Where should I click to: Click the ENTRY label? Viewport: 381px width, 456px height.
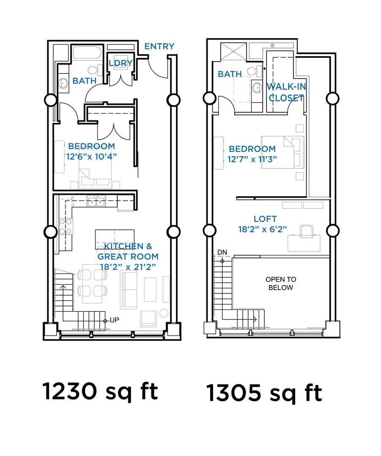tap(159, 46)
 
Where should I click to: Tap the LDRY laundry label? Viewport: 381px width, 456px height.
tap(121, 63)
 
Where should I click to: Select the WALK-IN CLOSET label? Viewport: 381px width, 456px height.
tap(286, 92)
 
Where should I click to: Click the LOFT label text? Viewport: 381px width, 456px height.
tap(265, 219)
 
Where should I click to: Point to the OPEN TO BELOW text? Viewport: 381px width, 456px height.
tap(281, 284)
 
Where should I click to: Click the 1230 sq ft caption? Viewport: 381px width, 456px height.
tap(100, 392)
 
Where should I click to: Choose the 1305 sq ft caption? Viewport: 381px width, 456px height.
tap(264, 393)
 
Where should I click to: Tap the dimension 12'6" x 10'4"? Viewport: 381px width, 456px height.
tap(91, 157)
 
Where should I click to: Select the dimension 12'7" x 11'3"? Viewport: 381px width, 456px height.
tap(252, 159)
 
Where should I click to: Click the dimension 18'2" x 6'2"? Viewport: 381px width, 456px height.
tap(263, 229)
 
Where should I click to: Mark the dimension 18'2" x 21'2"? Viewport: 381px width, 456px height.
tap(128, 267)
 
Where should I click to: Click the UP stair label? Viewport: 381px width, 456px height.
tap(115, 320)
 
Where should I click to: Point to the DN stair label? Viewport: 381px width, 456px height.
tap(222, 252)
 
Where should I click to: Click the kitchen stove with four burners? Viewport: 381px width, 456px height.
tap(66, 227)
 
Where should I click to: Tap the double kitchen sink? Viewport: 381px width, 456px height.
tap(96, 201)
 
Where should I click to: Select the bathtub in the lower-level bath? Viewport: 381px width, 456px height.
tap(87, 53)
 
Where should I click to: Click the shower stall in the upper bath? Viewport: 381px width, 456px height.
tap(233, 52)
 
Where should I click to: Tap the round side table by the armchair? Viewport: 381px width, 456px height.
tap(164, 313)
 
